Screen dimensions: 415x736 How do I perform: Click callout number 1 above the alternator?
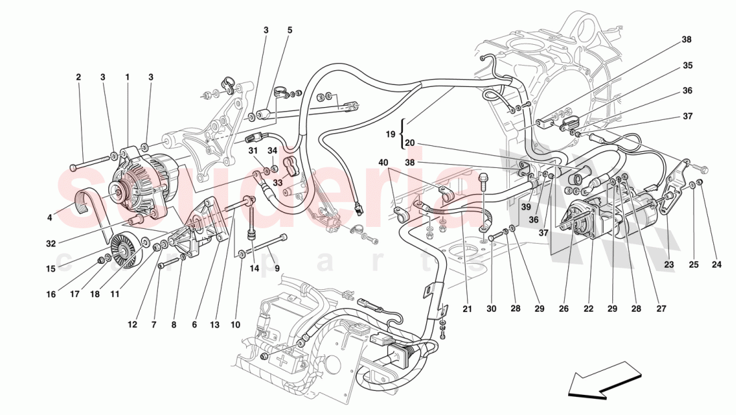[127, 77]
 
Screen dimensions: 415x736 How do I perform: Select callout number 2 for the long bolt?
[78, 77]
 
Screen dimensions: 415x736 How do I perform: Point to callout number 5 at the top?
[290, 30]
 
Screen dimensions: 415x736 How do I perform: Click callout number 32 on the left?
[51, 244]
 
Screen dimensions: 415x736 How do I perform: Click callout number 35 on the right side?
[687, 66]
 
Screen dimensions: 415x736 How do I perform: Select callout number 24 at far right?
[717, 264]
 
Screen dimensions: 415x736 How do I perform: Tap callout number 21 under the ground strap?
[467, 309]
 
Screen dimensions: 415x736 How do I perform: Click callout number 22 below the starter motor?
[588, 309]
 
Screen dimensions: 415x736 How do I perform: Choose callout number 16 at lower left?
[52, 294]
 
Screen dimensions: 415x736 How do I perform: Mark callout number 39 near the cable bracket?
[527, 207]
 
